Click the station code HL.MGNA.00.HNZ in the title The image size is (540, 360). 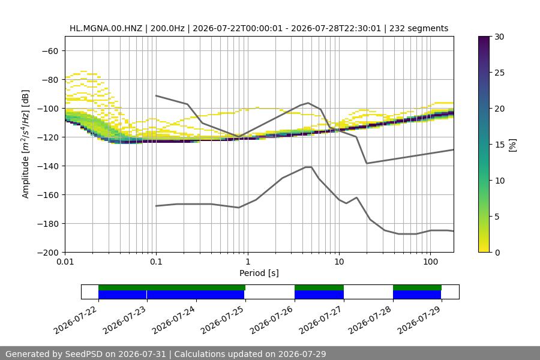coord(106,28)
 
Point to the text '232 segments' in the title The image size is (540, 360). coord(419,28)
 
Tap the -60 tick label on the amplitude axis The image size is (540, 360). coord(50,51)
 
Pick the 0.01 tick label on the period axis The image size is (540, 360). coord(65,262)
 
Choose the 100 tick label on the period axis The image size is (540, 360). coord(430,262)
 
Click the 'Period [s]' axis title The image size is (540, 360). coord(259,273)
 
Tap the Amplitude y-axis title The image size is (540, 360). coord(25,144)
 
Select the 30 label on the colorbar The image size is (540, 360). coord(499,37)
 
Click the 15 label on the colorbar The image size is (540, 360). coord(499,145)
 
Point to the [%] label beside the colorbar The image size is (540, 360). coord(513,145)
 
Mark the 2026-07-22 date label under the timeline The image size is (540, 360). coord(76,320)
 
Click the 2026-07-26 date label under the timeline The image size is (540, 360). coord(271,320)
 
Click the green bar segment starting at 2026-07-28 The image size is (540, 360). coord(417,287)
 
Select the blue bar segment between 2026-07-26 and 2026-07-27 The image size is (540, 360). coord(319,295)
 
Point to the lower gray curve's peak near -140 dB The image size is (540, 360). coord(308,167)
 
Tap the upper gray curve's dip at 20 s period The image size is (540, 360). coord(367,163)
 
